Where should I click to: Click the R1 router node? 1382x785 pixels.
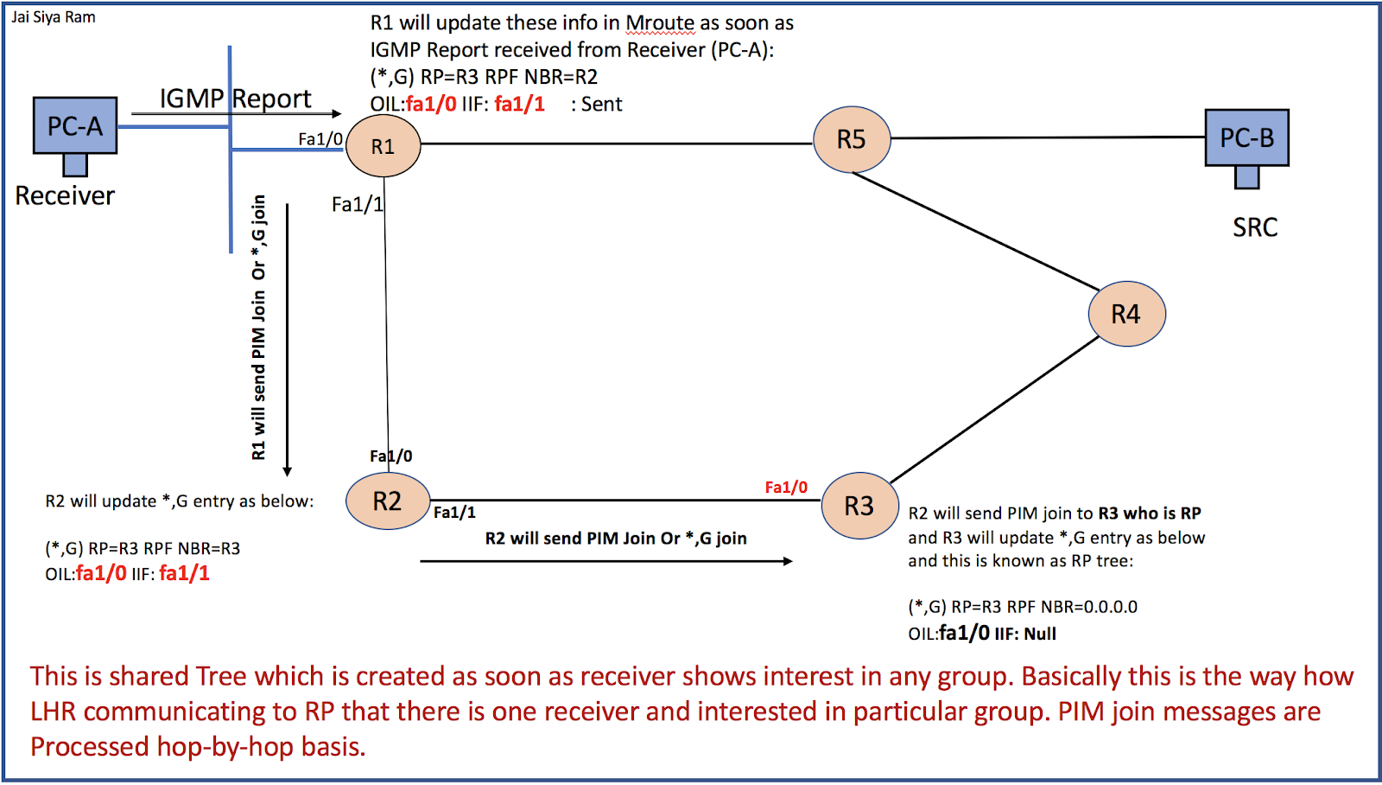tap(383, 146)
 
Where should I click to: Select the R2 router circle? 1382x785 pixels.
tap(388, 501)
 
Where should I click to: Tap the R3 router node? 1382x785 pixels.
tap(859, 506)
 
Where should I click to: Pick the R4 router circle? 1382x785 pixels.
tap(1126, 314)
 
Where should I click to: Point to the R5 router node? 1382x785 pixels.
tap(852, 139)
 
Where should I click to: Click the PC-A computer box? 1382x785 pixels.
tap(75, 126)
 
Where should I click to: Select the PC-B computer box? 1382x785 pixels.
tap(1246, 137)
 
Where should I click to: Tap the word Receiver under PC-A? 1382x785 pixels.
tap(65, 196)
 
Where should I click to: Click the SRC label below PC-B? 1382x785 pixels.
tap(1255, 227)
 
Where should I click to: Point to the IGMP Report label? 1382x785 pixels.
tap(235, 99)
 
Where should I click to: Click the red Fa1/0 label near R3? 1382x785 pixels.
tap(786, 488)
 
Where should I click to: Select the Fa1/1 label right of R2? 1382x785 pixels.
tap(454, 513)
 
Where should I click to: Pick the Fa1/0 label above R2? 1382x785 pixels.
tap(390, 456)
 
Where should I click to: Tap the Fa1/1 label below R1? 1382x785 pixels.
tap(357, 205)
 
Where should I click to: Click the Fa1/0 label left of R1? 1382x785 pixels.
tap(320, 139)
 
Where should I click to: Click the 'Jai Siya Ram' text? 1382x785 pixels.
tap(54, 17)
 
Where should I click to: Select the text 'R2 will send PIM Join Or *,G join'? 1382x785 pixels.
tap(615, 539)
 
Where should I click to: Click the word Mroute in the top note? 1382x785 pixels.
tap(660, 23)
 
